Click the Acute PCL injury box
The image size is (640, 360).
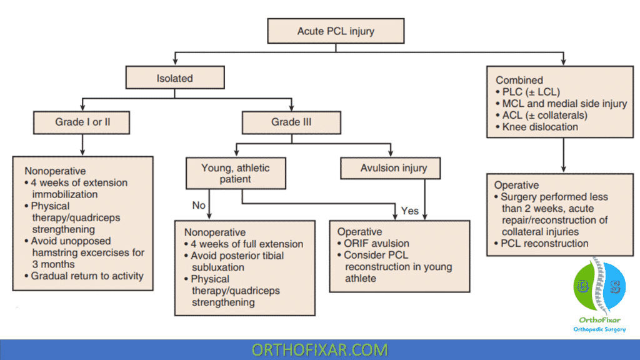(x=336, y=31)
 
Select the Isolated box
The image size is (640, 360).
(x=175, y=77)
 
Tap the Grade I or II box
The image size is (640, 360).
(x=82, y=122)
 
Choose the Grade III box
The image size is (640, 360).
(x=291, y=122)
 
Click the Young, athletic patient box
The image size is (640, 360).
(x=236, y=174)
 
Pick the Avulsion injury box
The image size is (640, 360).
(x=391, y=168)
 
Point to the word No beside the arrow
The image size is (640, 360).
(x=199, y=205)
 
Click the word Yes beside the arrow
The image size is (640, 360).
(x=410, y=211)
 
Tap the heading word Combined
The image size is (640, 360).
(x=519, y=80)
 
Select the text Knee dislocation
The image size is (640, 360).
(x=540, y=127)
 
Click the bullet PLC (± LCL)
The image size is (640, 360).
(x=527, y=92)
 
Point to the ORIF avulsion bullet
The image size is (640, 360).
(x=373, y=243)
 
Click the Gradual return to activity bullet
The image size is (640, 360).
(x=84, y=276)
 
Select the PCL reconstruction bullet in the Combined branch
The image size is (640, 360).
(x=541, y=243)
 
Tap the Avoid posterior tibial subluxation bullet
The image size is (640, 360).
(x=234, y=261)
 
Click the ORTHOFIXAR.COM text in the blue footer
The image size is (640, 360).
(x=319, y=350)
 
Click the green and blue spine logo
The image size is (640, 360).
(x=599, y=286)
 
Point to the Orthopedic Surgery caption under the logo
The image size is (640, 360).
(x=599, y=329)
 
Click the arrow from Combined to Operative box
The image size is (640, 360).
(x=564, y=155)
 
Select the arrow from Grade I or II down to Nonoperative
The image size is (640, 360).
(x=82, y=145)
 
